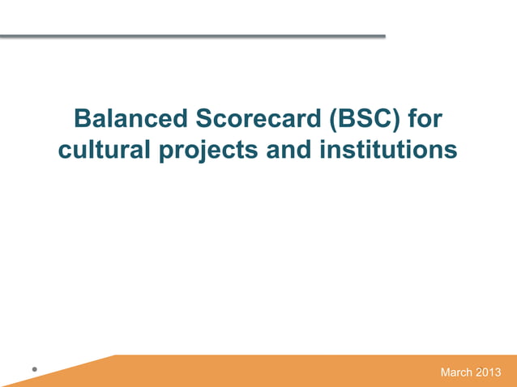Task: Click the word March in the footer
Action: click(456, 373)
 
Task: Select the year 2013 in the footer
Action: click(489, 373)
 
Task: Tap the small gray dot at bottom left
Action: click(34, 370)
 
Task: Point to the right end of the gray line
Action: click(383, 36)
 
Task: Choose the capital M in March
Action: click(444, 373)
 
